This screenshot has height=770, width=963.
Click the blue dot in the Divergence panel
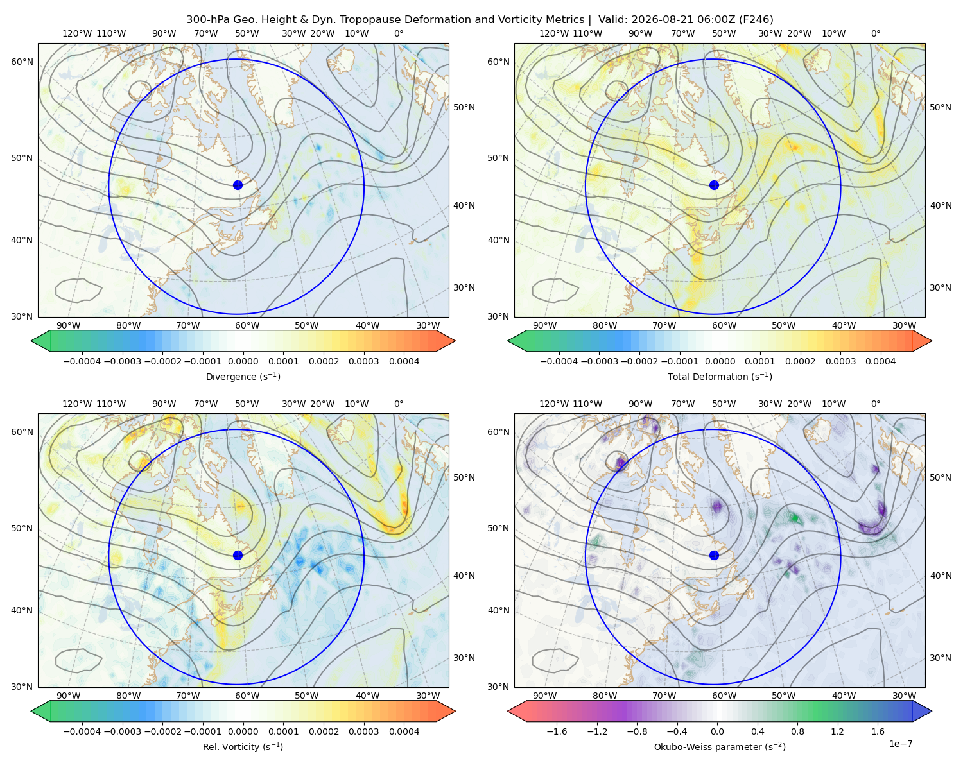tap(238, 185)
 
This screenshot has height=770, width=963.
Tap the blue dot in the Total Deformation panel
tap(714, 185)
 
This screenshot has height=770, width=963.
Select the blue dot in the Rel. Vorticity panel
tap(238, 555)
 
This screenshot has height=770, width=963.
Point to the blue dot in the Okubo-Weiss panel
tap(714, 555)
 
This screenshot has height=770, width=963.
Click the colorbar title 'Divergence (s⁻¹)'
tap(243, 376)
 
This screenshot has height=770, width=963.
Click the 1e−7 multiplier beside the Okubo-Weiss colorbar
tap(900, 744)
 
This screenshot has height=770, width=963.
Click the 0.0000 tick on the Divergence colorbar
tap(243, 361)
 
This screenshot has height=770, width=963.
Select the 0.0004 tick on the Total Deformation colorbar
tap(880, 361)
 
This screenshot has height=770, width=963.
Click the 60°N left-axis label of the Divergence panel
tap(22, 62)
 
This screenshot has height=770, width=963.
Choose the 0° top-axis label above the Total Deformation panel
tap(875, 33)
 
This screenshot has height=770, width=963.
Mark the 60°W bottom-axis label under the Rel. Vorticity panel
tap(247, 696)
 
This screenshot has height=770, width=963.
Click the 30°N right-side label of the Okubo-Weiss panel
tap(941, 657)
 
